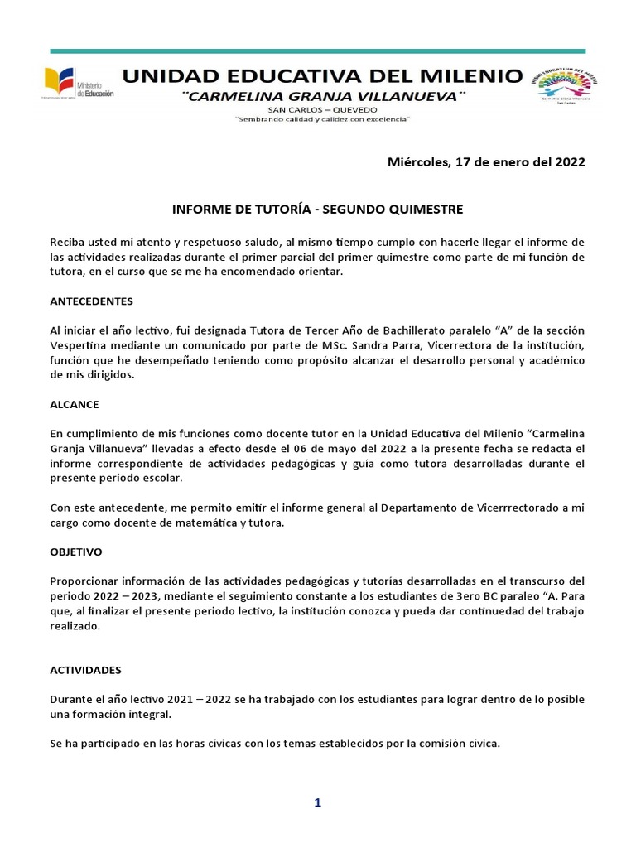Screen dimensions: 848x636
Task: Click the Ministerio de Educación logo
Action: click(79, 84)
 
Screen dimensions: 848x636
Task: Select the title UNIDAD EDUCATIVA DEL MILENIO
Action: click(322, 77)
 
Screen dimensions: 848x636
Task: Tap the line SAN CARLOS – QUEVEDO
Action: click(323, 109)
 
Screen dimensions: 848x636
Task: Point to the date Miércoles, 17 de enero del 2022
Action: click(486, 162)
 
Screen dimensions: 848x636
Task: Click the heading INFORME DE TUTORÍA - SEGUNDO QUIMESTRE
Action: click(317, 209)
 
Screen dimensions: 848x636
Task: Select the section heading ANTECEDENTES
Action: click(91, 301)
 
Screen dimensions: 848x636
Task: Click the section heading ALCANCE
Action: click(74, 405)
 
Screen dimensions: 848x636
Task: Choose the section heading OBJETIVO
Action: click(77, 550)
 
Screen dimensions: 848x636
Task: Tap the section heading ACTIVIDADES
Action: click(85, 669)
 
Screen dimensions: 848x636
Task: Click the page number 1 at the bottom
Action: click(317, 802)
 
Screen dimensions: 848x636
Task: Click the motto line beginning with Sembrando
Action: click(323, 119)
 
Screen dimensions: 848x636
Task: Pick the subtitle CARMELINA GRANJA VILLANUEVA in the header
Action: click(323, 97)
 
